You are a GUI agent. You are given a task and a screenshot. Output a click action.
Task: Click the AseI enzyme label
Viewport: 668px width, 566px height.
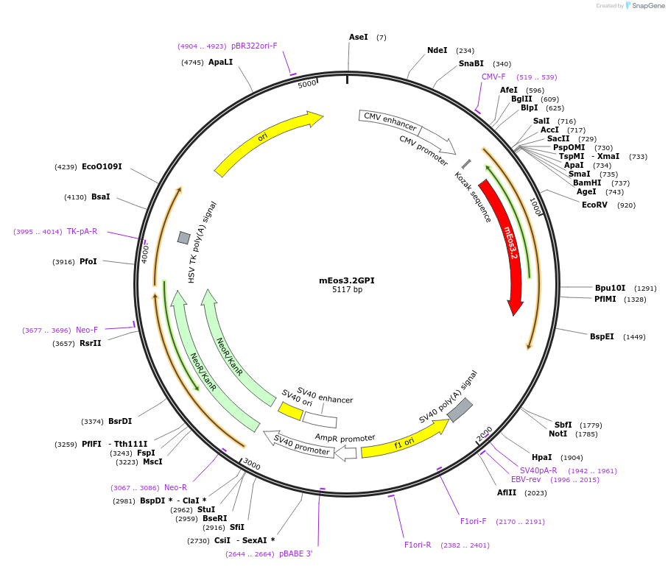[x=358, y=37]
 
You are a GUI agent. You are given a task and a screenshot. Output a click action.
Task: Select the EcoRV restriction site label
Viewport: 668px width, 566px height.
[x=594, y=205]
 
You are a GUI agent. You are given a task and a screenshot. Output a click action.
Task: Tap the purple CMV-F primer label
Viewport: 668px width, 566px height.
[x=493, y=77]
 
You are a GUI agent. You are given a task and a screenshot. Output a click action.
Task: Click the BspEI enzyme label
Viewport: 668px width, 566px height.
[x=602, y=336]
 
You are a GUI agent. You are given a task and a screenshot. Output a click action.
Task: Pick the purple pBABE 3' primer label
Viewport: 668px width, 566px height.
[x=296, y=553]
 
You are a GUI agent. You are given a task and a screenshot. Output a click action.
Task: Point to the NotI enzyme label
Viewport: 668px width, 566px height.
[x=558, y=434]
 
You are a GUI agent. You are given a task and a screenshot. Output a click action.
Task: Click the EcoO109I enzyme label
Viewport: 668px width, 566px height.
[x=102, y=166]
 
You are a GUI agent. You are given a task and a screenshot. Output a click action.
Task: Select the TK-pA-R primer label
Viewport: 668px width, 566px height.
[x=82, y=231]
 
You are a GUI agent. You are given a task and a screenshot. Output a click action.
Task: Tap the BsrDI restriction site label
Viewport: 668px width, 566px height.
[x=120, y=421]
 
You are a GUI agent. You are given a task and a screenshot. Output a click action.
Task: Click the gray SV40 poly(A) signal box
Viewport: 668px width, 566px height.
[x=460, y=410]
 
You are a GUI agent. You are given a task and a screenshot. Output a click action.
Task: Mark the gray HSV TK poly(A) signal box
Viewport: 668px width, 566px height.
[x=183, y=238]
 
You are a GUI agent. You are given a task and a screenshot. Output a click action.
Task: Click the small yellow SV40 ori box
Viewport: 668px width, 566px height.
[x=290, y=411]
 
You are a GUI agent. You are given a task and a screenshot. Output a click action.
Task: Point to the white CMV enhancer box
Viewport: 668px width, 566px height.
[x=390, y=122]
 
